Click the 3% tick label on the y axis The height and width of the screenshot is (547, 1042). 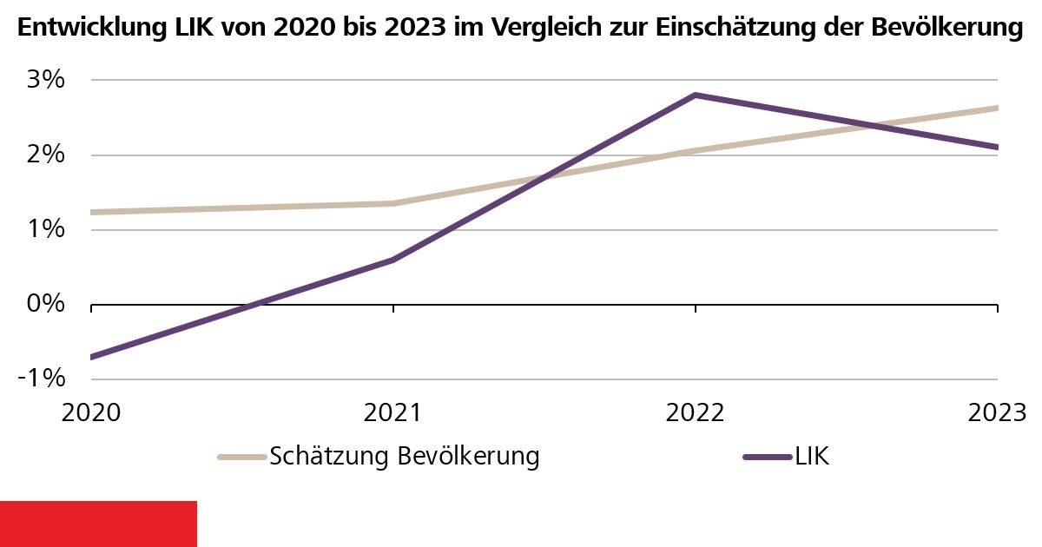click(43, 80)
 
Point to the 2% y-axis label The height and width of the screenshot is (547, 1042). click(43, 155)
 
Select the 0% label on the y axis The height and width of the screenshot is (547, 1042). click(43, 304)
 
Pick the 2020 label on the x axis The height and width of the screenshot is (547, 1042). click(91, 412)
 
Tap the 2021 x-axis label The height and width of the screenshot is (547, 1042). click(393, 412)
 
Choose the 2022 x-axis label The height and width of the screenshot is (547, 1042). click(696, 412)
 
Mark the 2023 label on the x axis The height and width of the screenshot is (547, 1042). click(996, 412)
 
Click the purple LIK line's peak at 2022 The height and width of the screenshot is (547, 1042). click(696, 95)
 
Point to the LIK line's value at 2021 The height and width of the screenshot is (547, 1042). click(393, 260)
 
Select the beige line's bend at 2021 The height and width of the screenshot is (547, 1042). click(393, 203)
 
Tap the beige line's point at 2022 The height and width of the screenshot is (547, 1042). click(696, 150)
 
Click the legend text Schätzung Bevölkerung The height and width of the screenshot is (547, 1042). click(405, 456)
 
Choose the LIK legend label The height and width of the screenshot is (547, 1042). click(812, 456)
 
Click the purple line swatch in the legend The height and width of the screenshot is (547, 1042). click(768, 457)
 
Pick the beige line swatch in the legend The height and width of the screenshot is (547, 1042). click(241, 457)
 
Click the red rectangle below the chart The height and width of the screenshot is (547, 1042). click(98, 524)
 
